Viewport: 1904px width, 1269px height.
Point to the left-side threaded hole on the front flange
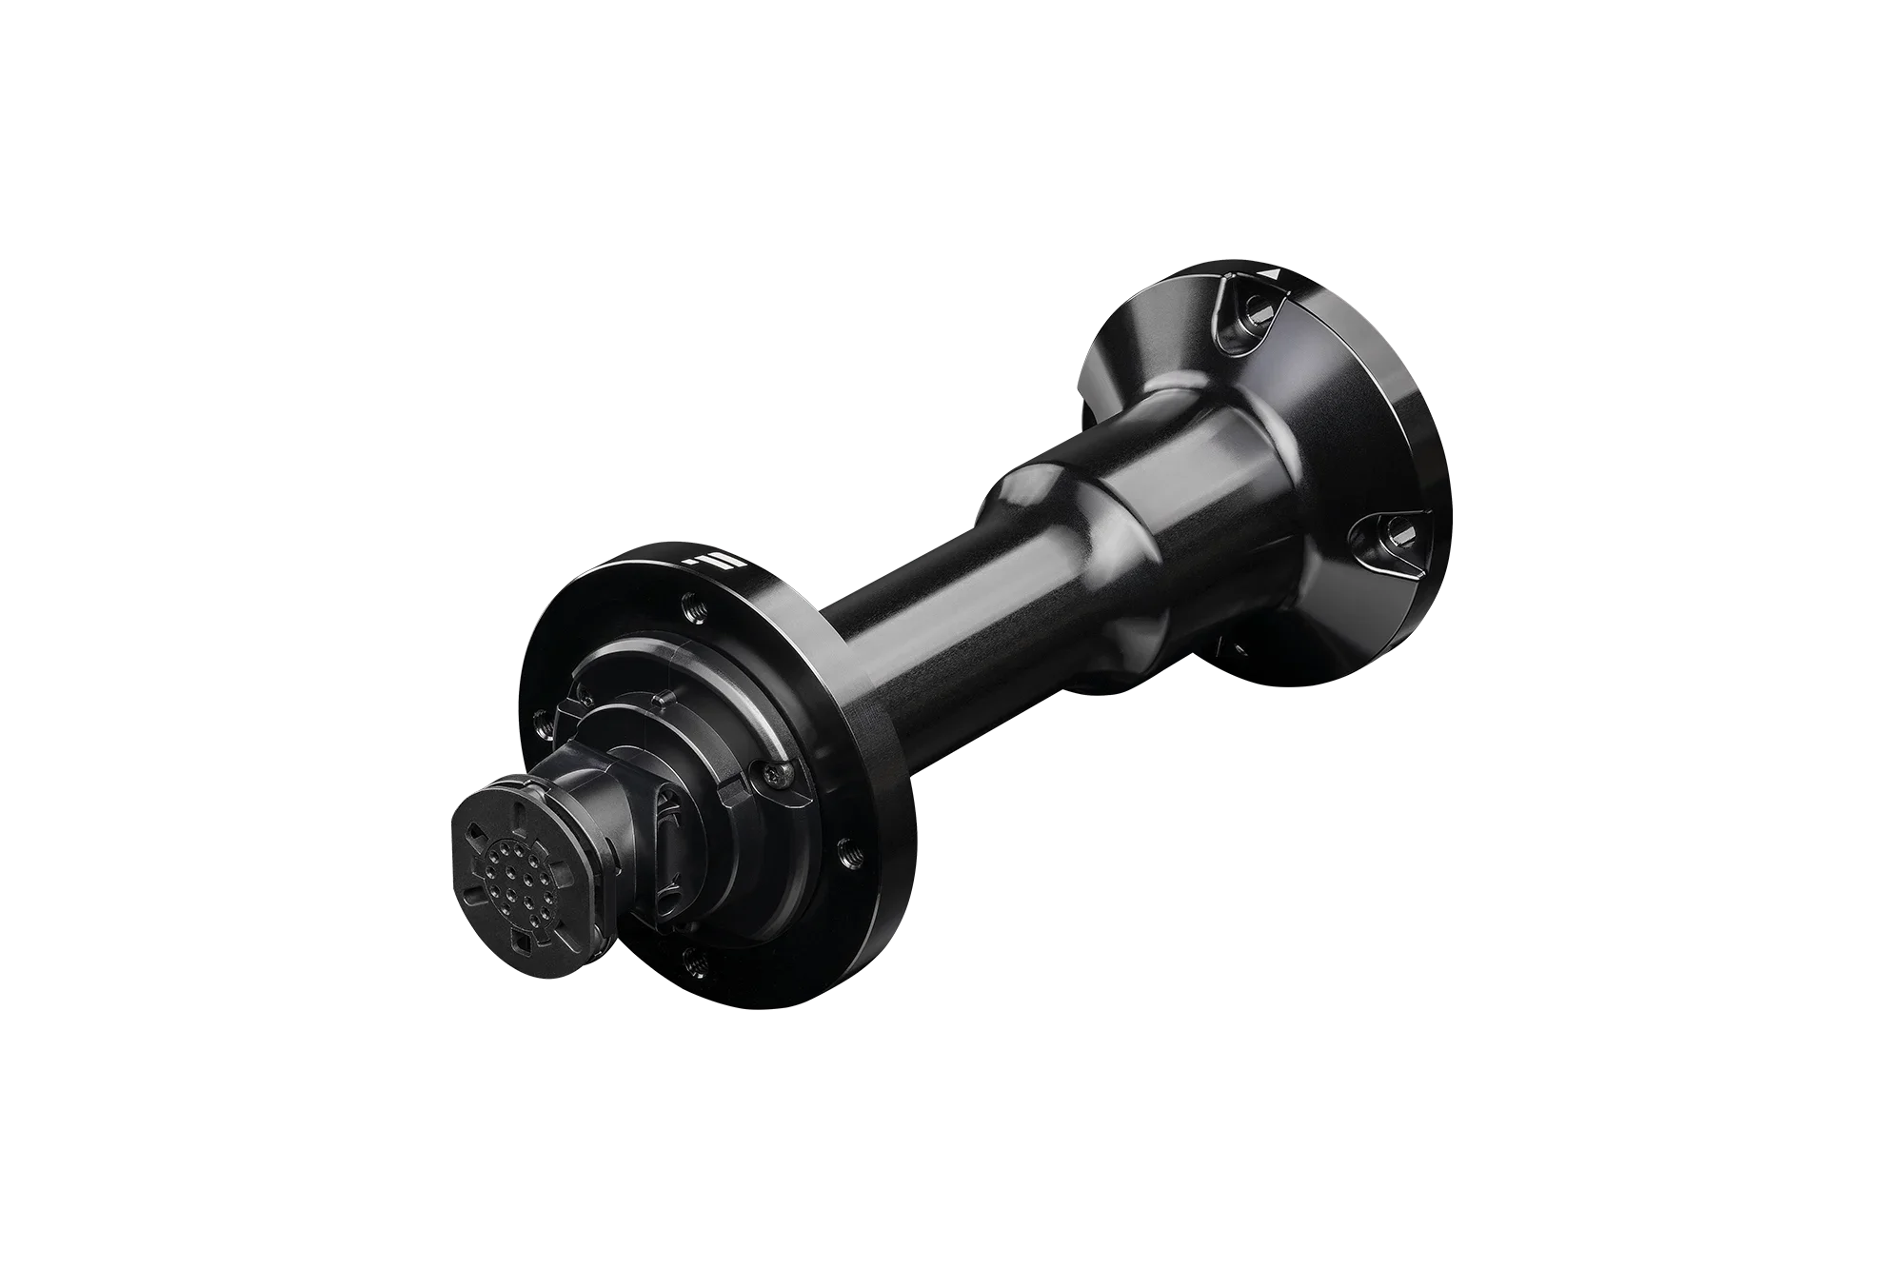[x=542, y=723]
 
